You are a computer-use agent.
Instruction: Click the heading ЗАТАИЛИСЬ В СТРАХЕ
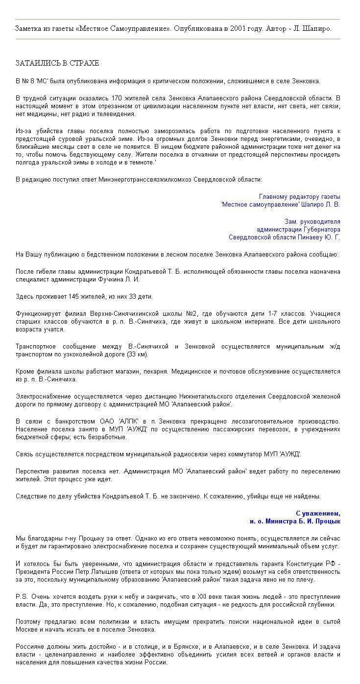(57, 63)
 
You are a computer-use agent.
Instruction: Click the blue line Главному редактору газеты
(299, 196)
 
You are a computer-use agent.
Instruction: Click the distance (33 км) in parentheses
(137, 354)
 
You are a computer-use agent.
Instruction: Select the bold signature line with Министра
(295, 521)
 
